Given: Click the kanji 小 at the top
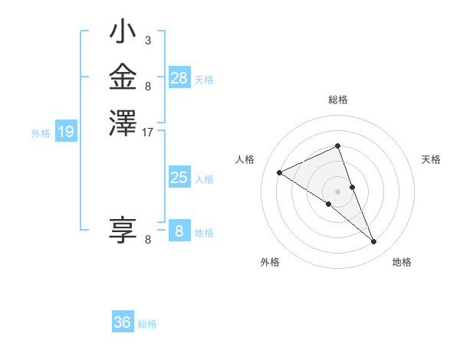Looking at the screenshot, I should [123, 34].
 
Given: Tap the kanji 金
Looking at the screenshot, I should [123, 77].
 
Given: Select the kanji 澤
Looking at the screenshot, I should [123, 123].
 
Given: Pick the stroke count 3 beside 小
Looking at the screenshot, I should [147, 40].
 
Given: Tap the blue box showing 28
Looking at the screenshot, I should [179, 77].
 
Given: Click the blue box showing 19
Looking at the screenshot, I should [66, 133].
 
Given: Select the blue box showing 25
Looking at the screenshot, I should [179, 178].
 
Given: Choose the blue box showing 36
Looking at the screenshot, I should [123, 322].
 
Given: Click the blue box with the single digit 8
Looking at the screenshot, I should [179, 231].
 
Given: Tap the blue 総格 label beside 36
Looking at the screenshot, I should [147, 324].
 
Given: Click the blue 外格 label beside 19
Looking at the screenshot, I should [41, 133].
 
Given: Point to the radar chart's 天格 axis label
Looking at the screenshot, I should [431, 159].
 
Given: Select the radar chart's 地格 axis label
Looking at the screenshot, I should [402, 262].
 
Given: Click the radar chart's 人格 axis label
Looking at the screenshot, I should [245, 159].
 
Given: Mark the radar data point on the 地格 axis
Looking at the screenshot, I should [374, 242].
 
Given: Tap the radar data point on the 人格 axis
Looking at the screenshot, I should [280, 173].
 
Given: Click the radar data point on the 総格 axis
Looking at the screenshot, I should [338, 146].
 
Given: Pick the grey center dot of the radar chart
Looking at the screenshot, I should [338, 191].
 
